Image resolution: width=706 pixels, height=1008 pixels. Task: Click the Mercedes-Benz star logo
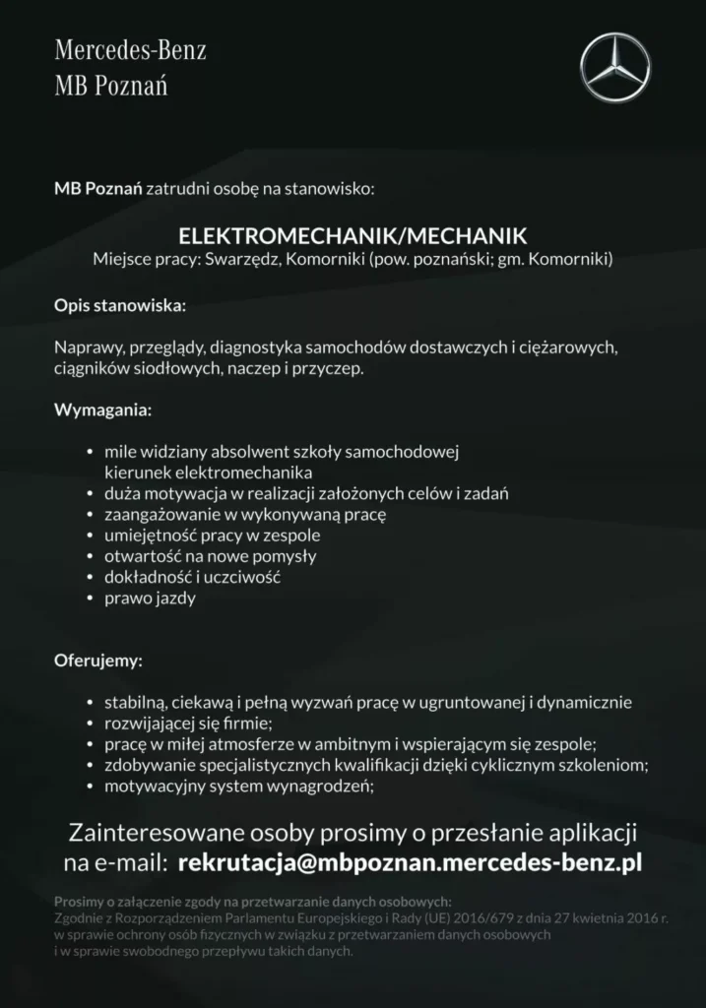pos(615,67)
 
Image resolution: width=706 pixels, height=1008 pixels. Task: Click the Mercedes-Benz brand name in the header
pos(130,51)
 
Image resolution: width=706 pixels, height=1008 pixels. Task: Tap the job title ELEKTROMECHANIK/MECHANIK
pos(353,236)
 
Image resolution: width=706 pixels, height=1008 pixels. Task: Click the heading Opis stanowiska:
pos(119,306)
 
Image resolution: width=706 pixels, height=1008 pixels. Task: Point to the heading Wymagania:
pos(102,408)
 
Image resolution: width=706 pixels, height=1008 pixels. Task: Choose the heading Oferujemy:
pos(98,659)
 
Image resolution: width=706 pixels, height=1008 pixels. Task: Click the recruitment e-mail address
pos(410,863)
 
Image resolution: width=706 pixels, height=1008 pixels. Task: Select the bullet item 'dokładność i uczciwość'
pos(192,577)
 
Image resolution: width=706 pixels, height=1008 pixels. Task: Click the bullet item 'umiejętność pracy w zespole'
pos(212,535)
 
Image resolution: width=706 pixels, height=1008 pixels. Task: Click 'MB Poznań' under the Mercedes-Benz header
pos(110,87)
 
